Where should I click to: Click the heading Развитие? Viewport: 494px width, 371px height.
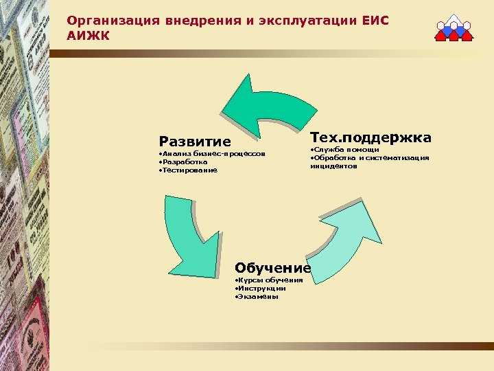[x=195, y=142]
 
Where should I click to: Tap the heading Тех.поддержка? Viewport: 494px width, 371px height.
[x=370, y=138]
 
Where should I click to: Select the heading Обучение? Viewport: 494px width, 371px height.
[x=272, y=267]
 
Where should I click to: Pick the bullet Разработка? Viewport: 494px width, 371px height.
[x=183, y=161]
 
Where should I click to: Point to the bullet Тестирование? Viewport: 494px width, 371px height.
[x=188, y=170]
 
